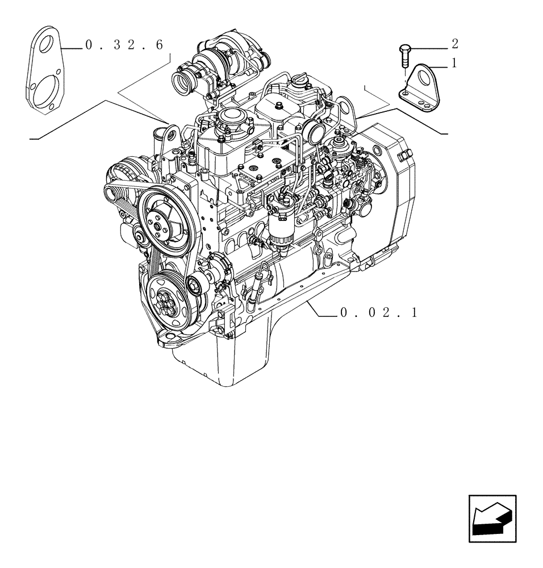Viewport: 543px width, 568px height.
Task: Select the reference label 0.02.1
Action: pos(378,312)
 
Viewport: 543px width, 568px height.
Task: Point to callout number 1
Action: pos(454,64)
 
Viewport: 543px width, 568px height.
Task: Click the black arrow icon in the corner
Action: pos(492,517)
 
